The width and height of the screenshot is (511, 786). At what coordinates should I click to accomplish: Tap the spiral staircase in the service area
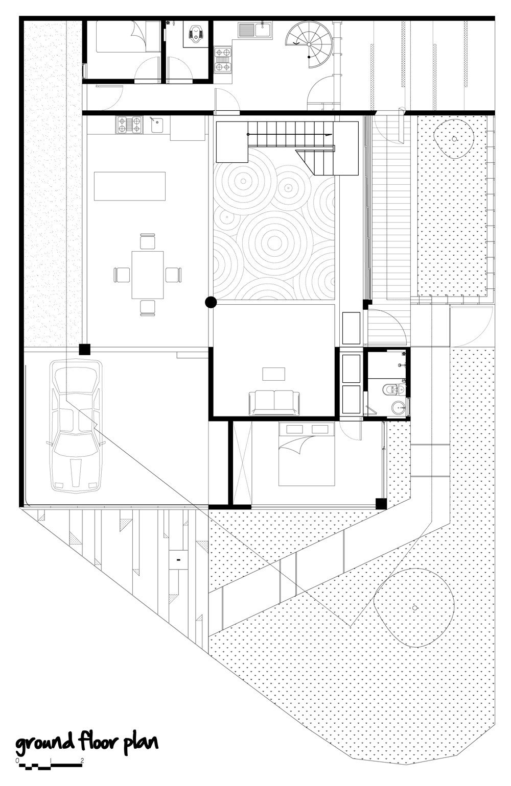(x=305, y=43)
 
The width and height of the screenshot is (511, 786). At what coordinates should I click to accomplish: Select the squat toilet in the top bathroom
(x=195, y=33)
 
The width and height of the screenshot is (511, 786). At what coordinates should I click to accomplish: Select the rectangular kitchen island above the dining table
(x=130, y=186)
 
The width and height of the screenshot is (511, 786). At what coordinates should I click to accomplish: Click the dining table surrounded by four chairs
(x=147, y=275)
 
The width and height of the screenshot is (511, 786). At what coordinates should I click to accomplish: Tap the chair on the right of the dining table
(x=174, y=275)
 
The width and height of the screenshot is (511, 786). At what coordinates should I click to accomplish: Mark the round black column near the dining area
(x=211, y=303)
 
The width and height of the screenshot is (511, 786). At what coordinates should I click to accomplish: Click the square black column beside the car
(x=84, y=350)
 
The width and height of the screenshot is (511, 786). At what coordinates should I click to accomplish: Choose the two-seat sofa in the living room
(x=274, y=403)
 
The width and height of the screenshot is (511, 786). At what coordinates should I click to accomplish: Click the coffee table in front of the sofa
(x=274, y=374)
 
